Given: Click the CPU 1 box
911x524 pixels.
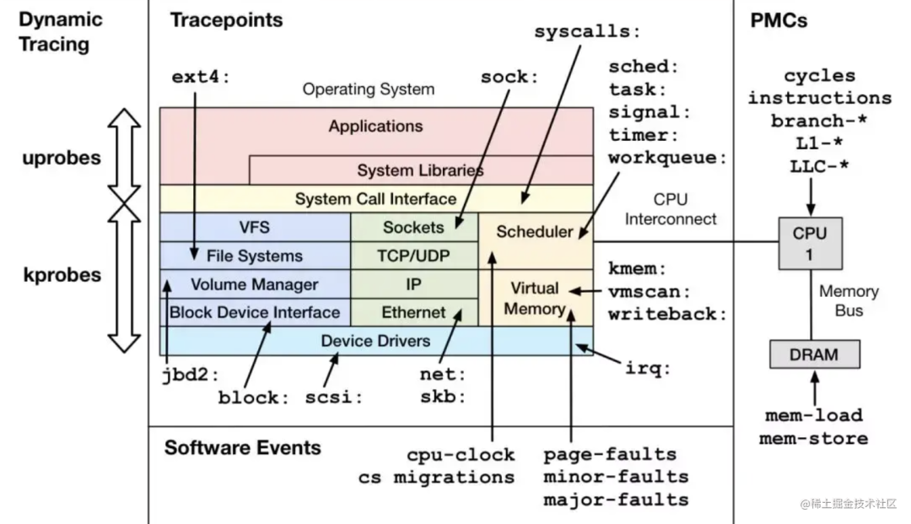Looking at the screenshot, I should [809, 243].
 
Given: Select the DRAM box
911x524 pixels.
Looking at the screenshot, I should [814, 354].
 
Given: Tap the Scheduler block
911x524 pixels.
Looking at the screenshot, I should [535, 232].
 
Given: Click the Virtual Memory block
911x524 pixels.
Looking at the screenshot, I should [535, 299].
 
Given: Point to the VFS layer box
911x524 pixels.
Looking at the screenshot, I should [255, 227].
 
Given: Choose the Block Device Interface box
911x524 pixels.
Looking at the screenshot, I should [255, 312].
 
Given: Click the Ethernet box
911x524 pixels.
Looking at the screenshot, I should [413, 312].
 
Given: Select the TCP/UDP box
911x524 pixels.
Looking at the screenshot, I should [413, 256].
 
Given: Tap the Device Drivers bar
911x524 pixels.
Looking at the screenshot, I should [375, 341].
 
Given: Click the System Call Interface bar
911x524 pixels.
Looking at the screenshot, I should [375, 199].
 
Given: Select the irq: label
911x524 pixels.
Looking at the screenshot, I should [648, 368].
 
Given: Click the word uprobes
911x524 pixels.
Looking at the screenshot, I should [62, 158].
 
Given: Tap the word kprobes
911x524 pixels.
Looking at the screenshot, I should [62, 275].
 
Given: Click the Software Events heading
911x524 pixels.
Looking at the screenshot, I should [242, 447].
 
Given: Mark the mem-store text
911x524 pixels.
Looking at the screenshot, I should [813, 438].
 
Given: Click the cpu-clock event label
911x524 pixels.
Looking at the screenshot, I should [461, 454].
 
